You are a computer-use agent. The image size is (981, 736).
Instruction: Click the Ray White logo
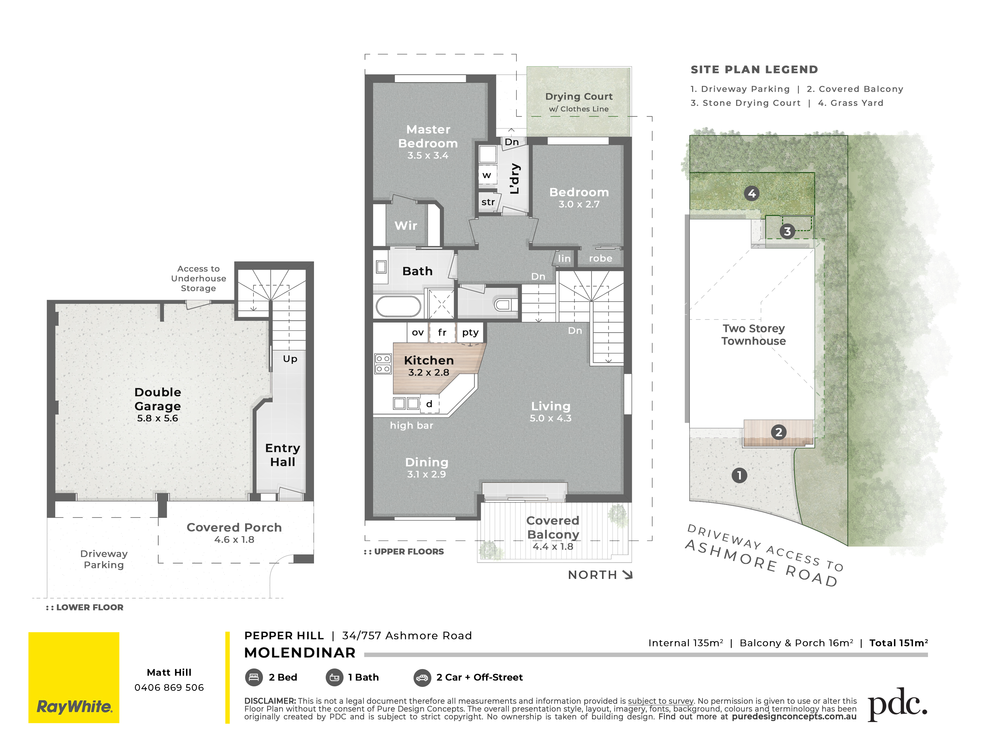pyautogui.click(x=74, y=677)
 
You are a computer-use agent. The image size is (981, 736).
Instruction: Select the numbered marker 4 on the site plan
pyautogui.click(x=752, y=193)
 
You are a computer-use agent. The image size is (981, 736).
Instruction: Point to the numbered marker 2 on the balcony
pyautogui.click(x=779, y=432)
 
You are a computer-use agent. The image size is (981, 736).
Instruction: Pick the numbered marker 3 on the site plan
pyautogui.click(x=787, y=231)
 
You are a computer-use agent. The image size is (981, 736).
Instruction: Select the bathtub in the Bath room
pyautogui.click(x=398, y=306)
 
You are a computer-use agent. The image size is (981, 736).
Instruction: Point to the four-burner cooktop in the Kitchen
pyautogui.click(x=383, y=364)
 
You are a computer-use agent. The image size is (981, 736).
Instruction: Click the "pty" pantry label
pyautogui.click(x=470, y=332)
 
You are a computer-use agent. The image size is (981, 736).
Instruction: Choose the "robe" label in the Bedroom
pyautogui.click(x=600, y=258)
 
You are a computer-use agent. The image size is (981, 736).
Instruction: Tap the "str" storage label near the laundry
pyautogui.click(x=488, y=202)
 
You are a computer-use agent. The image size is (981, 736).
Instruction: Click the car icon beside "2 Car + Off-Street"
pyautogui.click(x=422, y=677)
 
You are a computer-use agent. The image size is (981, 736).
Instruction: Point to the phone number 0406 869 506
pyautogui.click(x=169, y=687)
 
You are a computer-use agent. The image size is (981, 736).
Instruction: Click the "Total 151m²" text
pyautogui.click(x=898, y=643)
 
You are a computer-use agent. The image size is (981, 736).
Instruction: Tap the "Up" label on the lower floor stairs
pyautogui.click(x=290, y=359)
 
